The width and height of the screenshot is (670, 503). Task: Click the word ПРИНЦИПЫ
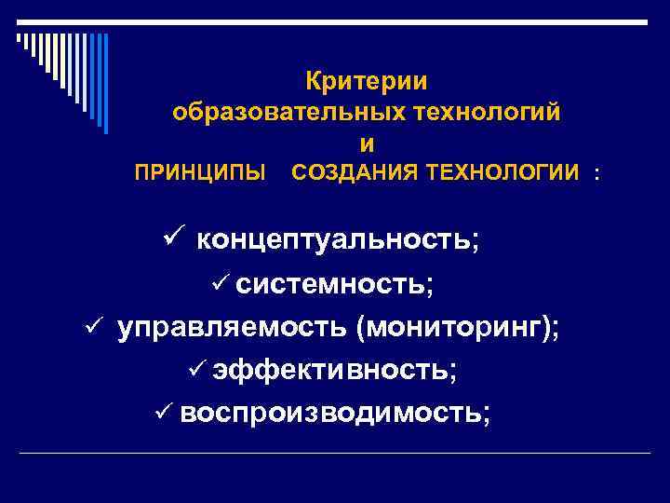coord(200,173)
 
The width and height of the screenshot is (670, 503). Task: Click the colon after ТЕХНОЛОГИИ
coord(596,173)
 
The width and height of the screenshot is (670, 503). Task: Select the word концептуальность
coord(335,239)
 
